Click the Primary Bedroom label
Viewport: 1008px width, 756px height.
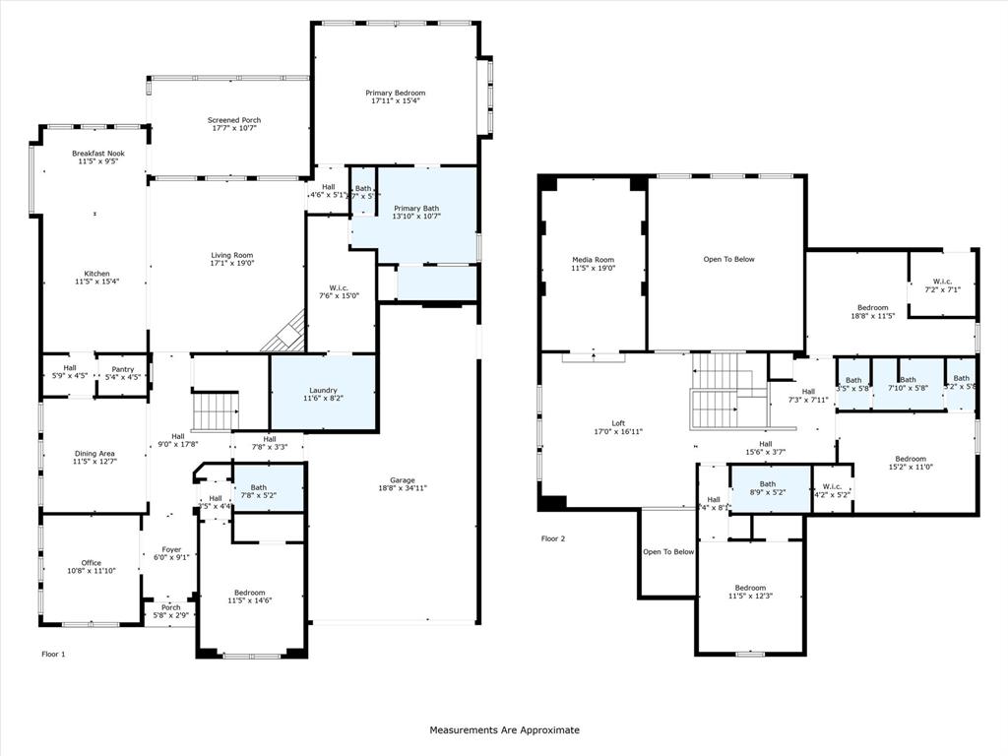click(x=398, y=93)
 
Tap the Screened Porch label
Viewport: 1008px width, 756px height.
click(x=233, y=120)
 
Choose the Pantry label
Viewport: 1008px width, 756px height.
click(x=122, y=369)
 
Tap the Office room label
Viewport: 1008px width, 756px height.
click(x=91, y=563)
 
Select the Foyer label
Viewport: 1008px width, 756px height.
click(x=171, y=550)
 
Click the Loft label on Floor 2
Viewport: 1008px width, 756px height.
click(x=618, y=423)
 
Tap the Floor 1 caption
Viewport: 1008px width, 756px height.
click(x=53, y=654)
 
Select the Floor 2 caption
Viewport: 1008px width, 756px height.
click(x=553, y=538)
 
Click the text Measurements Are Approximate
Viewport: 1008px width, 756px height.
click(x=504, y=730)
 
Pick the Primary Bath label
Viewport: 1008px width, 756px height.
click(x=416, y=208)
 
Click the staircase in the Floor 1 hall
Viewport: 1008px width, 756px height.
click(x=215, y=411)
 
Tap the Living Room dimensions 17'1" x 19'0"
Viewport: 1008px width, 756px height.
click(x=232, y=264)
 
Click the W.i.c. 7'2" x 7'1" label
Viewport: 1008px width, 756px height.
click(x=942, y=283)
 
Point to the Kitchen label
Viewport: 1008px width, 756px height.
click(x=96, y=274)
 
